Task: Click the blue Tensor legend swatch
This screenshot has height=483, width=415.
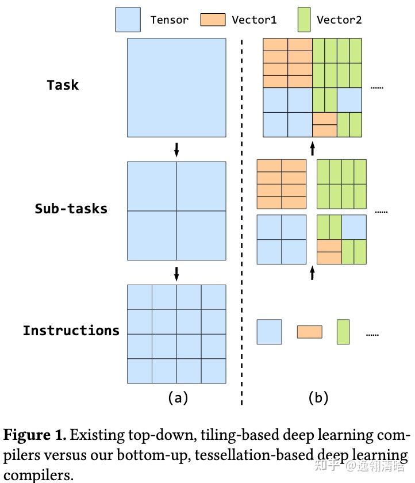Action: tap(128, 19)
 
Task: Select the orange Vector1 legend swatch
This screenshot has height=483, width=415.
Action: tap(213, 20)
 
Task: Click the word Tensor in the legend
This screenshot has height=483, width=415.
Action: tap(170, 20)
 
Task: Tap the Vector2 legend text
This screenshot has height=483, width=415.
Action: tap(339, 20)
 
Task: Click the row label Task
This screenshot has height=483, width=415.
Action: tap(63, 85)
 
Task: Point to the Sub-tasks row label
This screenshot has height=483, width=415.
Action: tap(71, 208)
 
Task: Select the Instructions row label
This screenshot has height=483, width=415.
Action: tap(71, 331)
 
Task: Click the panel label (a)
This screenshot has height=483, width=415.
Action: tap(178, 397)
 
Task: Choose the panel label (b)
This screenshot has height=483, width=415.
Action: tap(318, 397)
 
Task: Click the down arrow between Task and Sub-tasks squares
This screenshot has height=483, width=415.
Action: tap(176, 149)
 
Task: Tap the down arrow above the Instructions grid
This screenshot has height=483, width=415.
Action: tap(176, 273)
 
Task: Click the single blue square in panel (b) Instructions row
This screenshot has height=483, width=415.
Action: tap(269, 332)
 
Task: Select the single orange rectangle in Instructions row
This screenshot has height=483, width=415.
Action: tap(309, 332)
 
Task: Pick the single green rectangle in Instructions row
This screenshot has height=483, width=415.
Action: tap(343, 332)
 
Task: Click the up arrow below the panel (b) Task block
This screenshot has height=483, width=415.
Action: tap(312, 149)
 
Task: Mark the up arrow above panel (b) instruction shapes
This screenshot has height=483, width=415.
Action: tap(312, 272)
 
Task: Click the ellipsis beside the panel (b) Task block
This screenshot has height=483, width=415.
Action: tap(376, 87)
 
